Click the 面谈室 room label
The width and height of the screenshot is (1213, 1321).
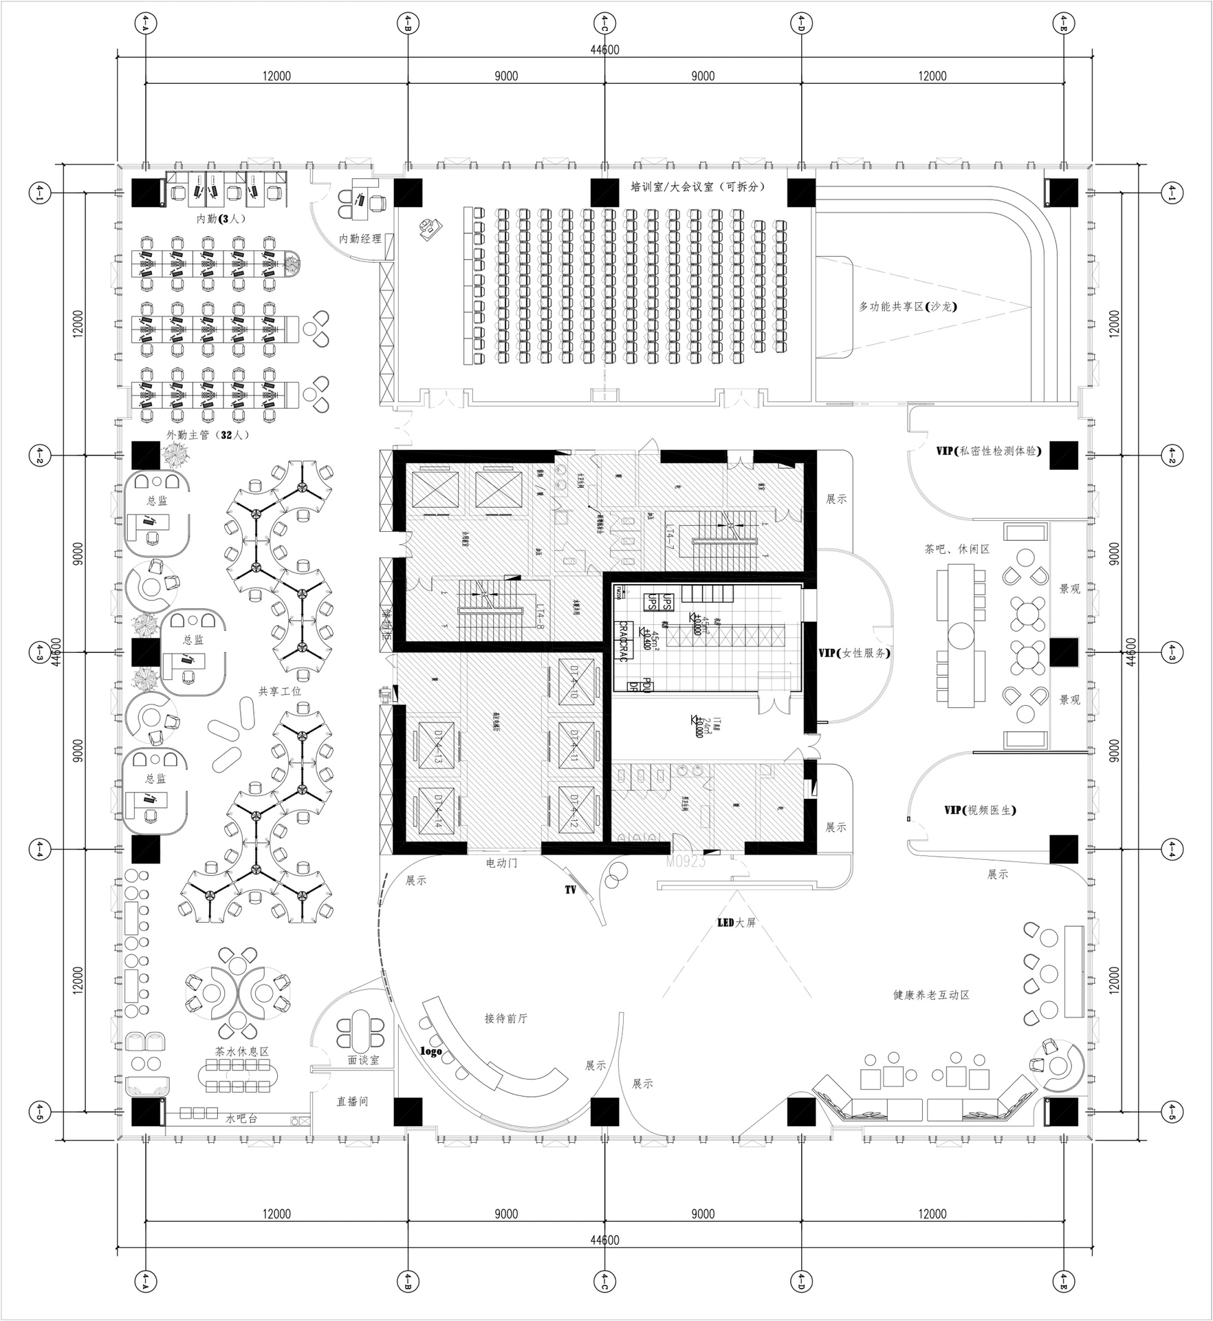[x=363, y=1060]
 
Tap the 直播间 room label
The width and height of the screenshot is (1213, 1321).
[x=352, y=1102]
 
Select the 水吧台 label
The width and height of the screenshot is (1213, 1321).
[x=241, y=1119]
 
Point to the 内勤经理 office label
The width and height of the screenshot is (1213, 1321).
[x=360, y=239]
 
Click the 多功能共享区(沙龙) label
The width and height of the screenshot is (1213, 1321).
[x=908, y=307]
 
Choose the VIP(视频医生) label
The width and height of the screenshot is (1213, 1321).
[x=980, y=810]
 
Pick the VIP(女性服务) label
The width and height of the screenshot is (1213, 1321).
[x=854, y=652]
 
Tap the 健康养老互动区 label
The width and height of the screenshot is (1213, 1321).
[x=931, y=995]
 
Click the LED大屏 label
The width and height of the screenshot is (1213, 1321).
[x=736, y=923]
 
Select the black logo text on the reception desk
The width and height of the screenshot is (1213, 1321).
[x=431, y=1051]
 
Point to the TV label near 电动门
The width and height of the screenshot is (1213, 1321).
[x=570, y=890]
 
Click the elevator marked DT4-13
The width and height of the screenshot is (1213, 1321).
[x=437, y=747]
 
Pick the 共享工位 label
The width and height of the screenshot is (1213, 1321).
[x=280, y=691]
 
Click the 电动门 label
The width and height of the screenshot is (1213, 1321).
[x=501, y=862]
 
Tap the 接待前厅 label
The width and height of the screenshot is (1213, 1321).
[x=506, y=1018]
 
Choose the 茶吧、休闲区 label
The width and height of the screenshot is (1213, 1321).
[x=957, y=549]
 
